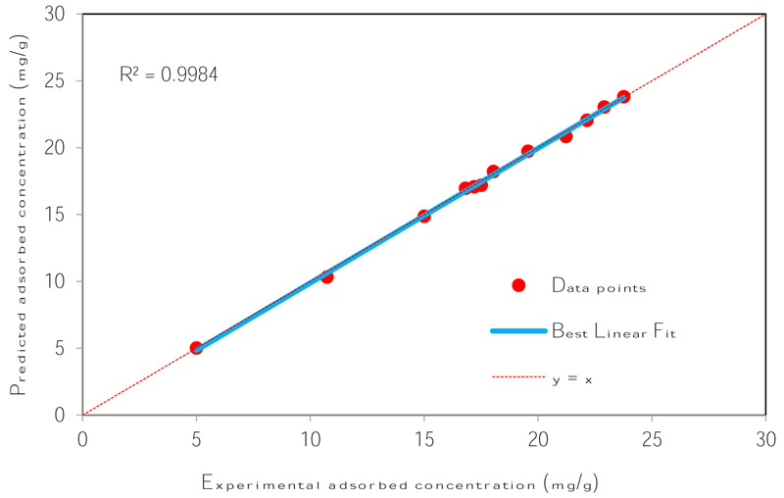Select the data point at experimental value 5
click(x=196, y=348)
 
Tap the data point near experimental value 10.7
click(x=326, y=276)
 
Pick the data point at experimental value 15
click(x=424, y=216)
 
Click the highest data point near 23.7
click(x=623, y=97)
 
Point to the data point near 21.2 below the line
click(x=565, y=136)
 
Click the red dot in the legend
click(x=518, y=285)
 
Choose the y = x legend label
click(x=572, y=378)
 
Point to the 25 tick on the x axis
click(x=652, y=431)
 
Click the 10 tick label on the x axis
click(x=310, y=431)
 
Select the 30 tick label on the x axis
click(x=765, y=431)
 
